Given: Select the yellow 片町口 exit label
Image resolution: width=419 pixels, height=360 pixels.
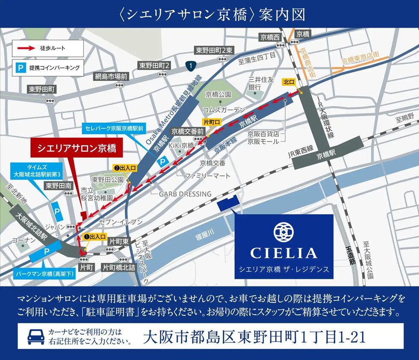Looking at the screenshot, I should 211,121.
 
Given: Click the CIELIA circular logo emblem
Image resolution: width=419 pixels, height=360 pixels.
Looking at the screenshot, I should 283,231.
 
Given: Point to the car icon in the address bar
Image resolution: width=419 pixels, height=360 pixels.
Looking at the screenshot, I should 36,336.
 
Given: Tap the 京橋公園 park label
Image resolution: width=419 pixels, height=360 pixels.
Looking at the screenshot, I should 218,94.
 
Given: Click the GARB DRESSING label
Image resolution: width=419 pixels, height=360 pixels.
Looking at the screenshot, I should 185,194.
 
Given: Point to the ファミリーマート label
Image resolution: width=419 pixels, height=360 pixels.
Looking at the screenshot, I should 207,176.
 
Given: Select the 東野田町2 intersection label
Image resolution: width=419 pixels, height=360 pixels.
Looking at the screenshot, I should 155,65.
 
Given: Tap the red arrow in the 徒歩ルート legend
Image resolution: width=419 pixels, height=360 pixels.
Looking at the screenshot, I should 26,48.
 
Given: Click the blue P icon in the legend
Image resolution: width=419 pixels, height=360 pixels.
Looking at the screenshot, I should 20,67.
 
